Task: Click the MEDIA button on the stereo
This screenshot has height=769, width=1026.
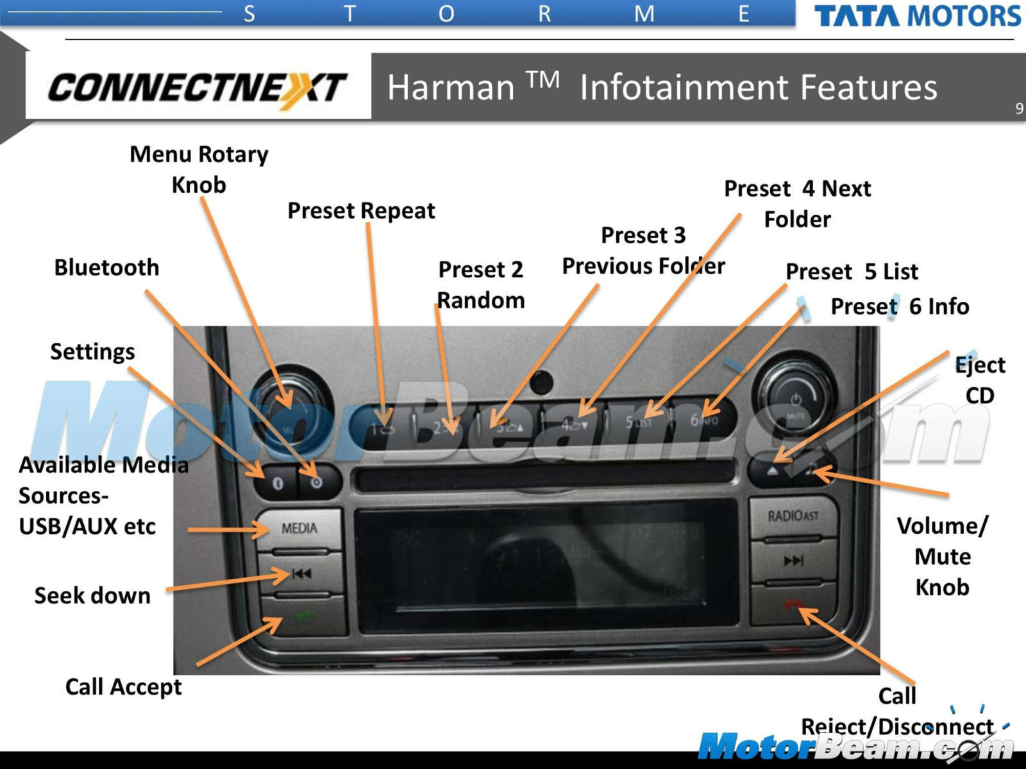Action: pyautogui.click(x=299, y=528)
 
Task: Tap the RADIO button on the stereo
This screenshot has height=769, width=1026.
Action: pyautogui.click(x=793, y=516)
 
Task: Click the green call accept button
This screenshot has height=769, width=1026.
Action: pyautogui.click(x=304, y=616)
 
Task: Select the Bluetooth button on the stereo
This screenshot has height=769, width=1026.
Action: pyautogui.click(x=278, y=483)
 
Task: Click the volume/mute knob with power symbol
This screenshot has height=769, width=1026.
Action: pyautogui.click(x=796, y=403)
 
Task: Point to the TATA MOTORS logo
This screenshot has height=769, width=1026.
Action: pyautogui.click(x=917, y=15)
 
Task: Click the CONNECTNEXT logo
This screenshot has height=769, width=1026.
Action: pyautogui.click(x=198, y=88)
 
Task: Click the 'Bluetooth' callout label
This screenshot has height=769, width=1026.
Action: pyautogui.click(x=106, y=267)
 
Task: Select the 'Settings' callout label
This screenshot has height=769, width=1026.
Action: pyautogui.click(x=92, y=351)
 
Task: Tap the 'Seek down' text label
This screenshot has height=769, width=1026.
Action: pyautogui.click(x=92, y=595)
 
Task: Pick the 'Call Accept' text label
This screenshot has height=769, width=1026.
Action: pyautogui.click(x=123, y=687)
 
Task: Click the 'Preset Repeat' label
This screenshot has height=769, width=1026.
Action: pyautogui.click(x=361, y=211)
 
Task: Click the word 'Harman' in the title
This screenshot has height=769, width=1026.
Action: pyautogui.click(x=451, y=88)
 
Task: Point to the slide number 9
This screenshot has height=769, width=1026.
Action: pyautogui.click(x=1019, y=108)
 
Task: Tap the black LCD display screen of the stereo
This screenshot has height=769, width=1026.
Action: pyautogui.click(x=545, y=564)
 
